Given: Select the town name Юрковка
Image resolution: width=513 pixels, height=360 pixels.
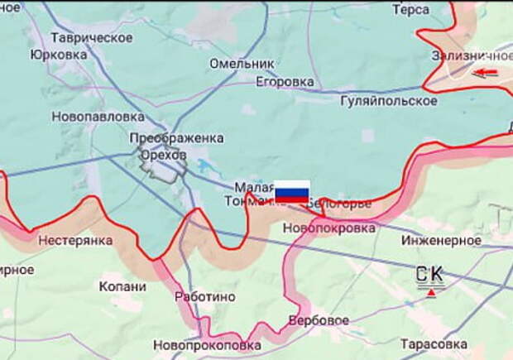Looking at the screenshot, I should pos(58,55).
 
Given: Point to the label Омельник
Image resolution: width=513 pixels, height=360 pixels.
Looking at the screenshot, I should pos(241,64).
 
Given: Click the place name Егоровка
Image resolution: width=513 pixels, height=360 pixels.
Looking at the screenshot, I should pos(285,82).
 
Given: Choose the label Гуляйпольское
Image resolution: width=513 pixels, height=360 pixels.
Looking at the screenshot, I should pos(389,101).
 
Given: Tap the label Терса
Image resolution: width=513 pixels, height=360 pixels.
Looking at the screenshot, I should pos(410,10).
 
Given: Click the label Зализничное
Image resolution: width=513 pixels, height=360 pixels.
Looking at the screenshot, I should pos(470,55).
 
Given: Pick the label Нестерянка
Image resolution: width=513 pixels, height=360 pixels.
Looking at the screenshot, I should pos(75,241).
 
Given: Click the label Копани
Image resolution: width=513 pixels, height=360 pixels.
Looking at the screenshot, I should pos(122,286).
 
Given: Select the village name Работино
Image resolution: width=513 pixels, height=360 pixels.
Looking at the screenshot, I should pos(205,296).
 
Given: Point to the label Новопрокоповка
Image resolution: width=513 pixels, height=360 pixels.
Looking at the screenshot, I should pos(207,344).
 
